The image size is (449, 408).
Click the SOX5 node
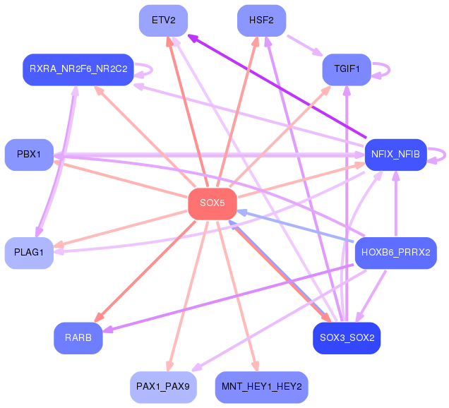pos(212,204)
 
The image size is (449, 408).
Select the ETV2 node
pos(164,20)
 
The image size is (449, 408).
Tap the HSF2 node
pos(261,20)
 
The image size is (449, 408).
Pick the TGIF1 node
pos(347,70)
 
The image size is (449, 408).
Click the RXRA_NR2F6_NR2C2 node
pos(78,70)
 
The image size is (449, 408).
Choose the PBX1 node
pos(29,155)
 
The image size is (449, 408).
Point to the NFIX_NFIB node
pos(396,155)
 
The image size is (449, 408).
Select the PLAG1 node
pos(29,253)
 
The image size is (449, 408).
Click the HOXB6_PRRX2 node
pos(396,253)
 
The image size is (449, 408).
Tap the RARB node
pos(78,338)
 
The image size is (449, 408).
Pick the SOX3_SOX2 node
pos(347,338)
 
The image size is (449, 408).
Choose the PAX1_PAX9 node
pos(164,387)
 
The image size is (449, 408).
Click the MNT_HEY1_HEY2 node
pos(261,387)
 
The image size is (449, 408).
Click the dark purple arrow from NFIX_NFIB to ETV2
pos(277,86)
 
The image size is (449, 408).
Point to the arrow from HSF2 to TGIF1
pos(305,45)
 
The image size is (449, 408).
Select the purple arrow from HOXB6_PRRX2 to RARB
pos(228,299)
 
